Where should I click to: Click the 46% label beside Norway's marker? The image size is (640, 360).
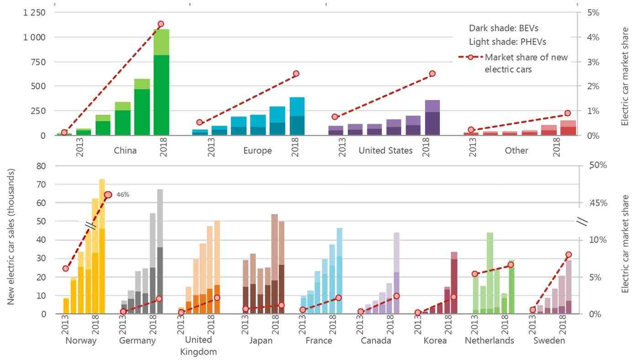pos(123,195)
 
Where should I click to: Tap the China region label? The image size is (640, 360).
pos(125,150)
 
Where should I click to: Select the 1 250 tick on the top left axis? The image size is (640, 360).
pos(35,12)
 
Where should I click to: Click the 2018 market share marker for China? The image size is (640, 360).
pos(161,24)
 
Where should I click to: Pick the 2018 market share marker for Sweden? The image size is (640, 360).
pos(569,254)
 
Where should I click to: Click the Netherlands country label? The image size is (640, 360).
pos(490,341)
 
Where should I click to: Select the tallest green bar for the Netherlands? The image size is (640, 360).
pos(490,273)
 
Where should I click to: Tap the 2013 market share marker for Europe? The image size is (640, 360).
pos(200,122)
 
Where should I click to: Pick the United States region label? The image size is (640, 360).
pos(385,150)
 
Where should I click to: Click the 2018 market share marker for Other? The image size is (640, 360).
pos(568,113)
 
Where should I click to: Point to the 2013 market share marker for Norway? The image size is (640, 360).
pos(66,269)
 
